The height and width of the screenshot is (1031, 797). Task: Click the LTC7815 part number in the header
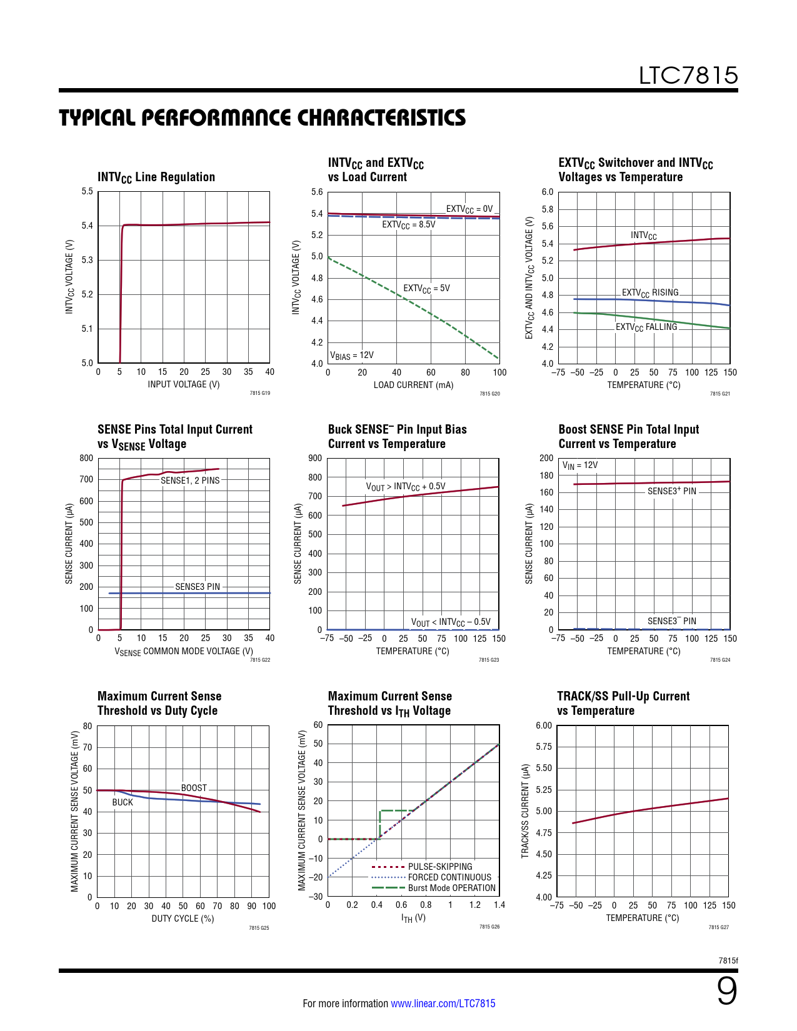[688, 76]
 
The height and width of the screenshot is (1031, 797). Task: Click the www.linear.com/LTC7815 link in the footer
[443, 1004]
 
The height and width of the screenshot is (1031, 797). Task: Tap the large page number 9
[726, 992]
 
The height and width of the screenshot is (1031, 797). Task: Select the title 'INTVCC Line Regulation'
[156, 177]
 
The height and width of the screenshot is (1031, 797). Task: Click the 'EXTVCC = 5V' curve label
[426, 289]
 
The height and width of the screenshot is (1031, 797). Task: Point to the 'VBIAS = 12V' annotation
[352, 356]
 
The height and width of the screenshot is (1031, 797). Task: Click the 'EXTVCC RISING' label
[649, 292]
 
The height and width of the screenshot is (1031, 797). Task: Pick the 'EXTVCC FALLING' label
[646, 327]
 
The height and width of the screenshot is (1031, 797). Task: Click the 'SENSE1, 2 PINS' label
[190, 481]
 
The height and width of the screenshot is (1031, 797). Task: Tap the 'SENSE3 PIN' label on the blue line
[198, 587]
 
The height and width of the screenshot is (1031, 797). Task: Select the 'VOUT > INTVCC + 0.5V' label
[406, 486]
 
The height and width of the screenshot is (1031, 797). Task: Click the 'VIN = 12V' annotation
[580, 466]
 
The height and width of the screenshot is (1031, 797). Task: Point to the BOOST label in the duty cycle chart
[194, 788]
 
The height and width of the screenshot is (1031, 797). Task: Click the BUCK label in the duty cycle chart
[123, 802]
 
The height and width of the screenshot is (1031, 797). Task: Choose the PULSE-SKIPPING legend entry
[440, 867]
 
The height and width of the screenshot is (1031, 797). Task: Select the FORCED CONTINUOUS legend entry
[449, 877]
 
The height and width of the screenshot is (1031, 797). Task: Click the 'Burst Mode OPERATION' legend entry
[451, 888]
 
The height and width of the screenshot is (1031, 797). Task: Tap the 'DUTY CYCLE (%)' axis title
[183, 919]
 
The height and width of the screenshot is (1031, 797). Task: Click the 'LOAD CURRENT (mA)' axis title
[413, 385]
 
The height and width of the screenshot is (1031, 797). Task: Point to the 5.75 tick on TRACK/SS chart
[544, 747]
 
